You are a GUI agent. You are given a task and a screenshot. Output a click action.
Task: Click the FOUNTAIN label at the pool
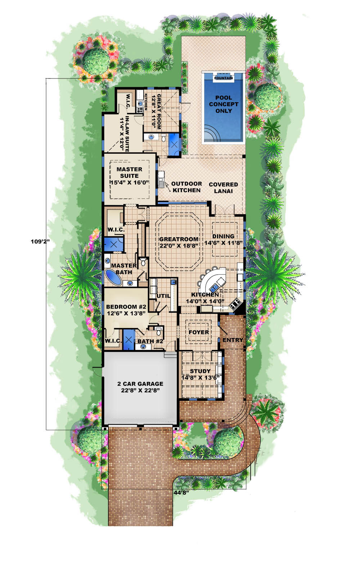[x=224, y=78]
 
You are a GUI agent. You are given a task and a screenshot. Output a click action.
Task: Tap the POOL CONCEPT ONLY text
[x=224, y=104]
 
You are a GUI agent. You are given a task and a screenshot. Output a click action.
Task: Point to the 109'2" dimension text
[x=40, y=242]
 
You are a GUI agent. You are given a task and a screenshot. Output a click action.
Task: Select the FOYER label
[x=199, y=332]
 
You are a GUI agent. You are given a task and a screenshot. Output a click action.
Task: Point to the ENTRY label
[x=233, y=340]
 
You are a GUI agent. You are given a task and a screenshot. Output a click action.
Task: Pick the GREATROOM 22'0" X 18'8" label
[x=179, y=242]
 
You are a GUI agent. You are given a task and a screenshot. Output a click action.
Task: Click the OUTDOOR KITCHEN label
[x=186, y=187]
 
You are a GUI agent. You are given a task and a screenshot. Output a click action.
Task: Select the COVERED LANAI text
[x=223, y=188]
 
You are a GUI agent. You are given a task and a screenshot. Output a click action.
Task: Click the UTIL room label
[x=163, y=296]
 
